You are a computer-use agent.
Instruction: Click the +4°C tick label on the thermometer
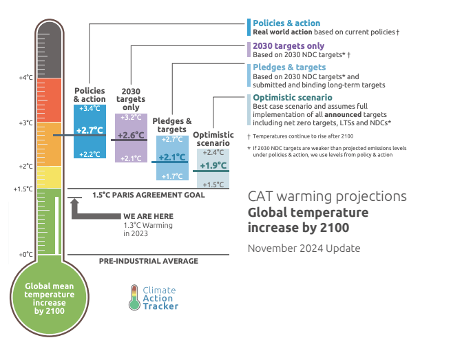pos(25,78)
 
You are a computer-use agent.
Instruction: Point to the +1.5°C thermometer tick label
pos(23,189)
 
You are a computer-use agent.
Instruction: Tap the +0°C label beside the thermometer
pos(25,254)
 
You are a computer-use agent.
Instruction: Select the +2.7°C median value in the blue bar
pos(90,130)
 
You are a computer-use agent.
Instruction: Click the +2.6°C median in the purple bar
pos(130,136)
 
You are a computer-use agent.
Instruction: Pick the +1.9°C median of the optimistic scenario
pos(213,166)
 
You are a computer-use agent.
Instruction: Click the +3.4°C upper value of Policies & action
pos(90,109)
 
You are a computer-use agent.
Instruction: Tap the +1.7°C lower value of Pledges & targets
pos(171,177)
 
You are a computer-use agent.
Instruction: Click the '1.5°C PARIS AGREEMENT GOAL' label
pos(148,195)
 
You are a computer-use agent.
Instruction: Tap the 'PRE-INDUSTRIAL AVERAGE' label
pos(148,261)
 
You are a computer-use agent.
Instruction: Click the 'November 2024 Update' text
pos(304,248)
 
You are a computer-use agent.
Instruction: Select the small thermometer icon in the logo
pos(134,297)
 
